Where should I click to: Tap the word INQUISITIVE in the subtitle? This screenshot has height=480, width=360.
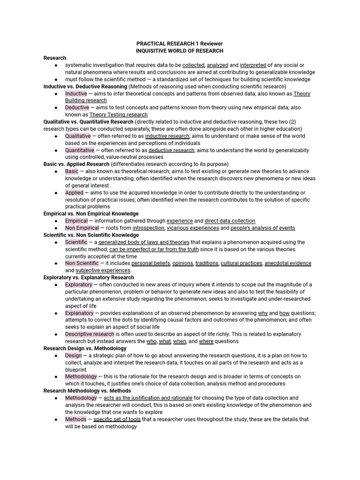[153, 51]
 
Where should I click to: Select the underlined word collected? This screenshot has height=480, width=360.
[193, 65]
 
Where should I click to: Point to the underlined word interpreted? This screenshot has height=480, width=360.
[253, 65]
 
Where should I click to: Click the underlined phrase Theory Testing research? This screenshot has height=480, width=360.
[118, 114]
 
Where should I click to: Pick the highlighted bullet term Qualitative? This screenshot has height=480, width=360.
[78, 136]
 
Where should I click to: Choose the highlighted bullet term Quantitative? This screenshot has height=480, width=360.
[80, 150]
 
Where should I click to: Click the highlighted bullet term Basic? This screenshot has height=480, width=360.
[72, 171]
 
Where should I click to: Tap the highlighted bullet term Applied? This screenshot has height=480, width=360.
[74, 193]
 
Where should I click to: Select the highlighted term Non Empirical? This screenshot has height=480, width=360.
[82, 228]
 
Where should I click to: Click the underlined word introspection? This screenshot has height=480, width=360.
[148, 228]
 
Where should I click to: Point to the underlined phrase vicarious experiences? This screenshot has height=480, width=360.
[193, 228]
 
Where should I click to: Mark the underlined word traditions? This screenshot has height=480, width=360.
[207, 263]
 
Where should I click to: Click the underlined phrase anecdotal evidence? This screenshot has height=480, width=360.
[288, 263]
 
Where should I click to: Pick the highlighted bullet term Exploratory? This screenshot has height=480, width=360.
[79, 285]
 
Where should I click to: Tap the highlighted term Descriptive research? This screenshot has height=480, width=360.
[90, 334]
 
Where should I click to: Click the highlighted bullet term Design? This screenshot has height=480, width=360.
[74, 355]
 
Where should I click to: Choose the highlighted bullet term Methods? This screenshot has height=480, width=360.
[76, 419]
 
